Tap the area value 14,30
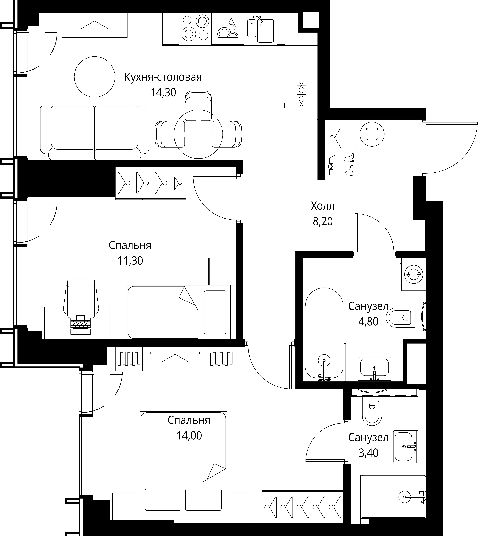(x=163, y=92)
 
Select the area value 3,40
(x=368, y=453)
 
